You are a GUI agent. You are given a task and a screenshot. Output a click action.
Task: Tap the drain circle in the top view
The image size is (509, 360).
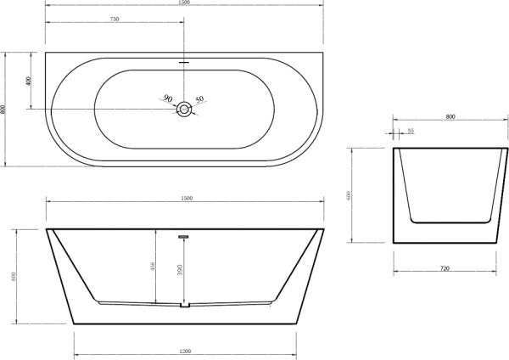[184, 109]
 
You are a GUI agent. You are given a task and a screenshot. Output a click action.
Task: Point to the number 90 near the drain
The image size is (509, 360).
[168, 98]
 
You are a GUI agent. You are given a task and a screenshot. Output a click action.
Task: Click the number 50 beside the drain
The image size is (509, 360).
[200, 100]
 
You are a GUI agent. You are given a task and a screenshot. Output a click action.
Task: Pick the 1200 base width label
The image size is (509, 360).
[185, 352]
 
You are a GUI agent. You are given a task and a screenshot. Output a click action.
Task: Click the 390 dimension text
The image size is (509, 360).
[177, 270]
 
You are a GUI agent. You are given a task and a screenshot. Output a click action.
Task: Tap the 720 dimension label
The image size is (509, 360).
[445, 268]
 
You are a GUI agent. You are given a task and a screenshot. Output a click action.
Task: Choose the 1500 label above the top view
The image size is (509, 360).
[185, 3]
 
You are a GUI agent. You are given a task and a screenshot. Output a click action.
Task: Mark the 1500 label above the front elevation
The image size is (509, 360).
[187, 199]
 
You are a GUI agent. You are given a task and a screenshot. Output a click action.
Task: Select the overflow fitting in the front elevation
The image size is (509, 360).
[182, 237]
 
